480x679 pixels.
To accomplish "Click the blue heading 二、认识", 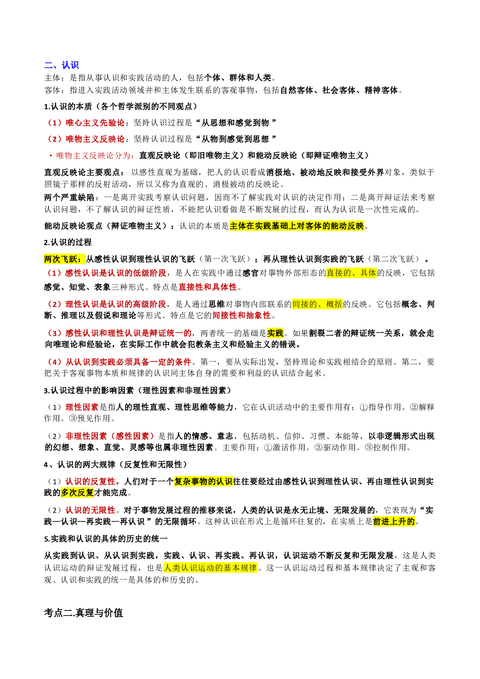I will (62, 65).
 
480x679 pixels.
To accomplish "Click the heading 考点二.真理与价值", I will (83, 613).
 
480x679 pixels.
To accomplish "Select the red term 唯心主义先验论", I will (95, 123).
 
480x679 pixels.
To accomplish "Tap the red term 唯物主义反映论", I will (95, 139).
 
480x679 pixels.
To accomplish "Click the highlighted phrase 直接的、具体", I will (351, 273).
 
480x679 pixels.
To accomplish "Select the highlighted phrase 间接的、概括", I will (317, 304).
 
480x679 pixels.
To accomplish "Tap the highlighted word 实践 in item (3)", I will (275, 333).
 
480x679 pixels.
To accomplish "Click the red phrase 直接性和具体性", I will (207, 287).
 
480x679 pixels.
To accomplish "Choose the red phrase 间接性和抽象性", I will (242, 315).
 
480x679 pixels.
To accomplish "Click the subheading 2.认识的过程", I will (68, 242).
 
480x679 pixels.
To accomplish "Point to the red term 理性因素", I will (82, 407).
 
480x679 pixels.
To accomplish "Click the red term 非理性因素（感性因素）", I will (110, 436).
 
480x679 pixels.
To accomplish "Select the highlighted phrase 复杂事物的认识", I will (203, 481).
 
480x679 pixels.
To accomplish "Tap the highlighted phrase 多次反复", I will (77, 492).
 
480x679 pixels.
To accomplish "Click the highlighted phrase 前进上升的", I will (394, 521).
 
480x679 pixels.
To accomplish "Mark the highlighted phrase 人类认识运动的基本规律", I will (210, 568).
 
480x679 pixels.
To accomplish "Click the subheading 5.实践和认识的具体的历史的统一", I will (106, 539).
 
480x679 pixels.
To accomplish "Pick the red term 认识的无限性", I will (90, 510).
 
